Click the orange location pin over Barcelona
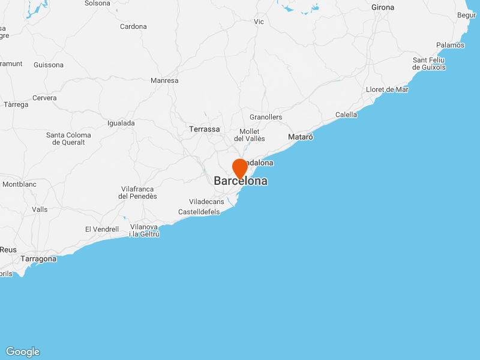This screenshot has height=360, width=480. click(240, 167)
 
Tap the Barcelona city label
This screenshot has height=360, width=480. click(241, 181)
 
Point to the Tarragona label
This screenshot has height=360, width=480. click(38, 259)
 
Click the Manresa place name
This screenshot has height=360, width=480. click(164, 80)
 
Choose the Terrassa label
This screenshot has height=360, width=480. click(204, 129)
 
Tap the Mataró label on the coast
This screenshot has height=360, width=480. click(301, 137)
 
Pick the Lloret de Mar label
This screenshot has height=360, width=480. click(387, 89)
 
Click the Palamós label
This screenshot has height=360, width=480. click(450, 45)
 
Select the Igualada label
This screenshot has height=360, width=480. click(121, 123)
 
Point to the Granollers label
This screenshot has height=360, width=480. click(266, 117)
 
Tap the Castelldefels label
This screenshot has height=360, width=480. click(199, 212)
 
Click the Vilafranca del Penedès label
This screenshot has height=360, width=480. click(137, 193)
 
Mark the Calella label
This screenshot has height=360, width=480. click(346, 115)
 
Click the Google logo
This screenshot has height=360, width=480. click(22, 352)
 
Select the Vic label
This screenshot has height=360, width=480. click(259, 22)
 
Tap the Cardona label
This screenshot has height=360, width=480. click(133, 26)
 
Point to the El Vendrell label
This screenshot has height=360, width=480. click(102, 229)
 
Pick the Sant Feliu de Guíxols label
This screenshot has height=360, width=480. click(429, 64)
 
